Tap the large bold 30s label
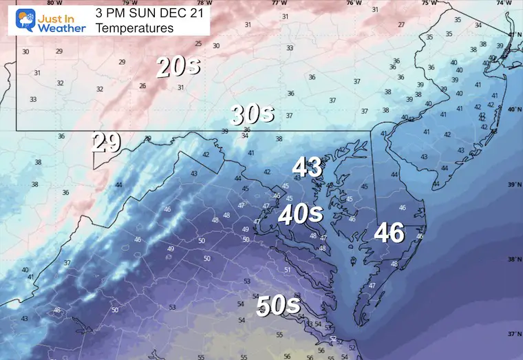pos(253,114)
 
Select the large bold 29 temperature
pos(107,142)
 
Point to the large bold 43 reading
pos(307,167)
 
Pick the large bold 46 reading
pos(389,233)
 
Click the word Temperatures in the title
pos(135,28)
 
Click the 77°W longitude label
pos(279,3)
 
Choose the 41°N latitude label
pos(514,34)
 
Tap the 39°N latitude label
pos(514,185)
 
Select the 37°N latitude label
pos(514,334)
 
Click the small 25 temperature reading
pos(198,43)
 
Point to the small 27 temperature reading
pos(401,25)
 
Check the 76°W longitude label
pos(353,3)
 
